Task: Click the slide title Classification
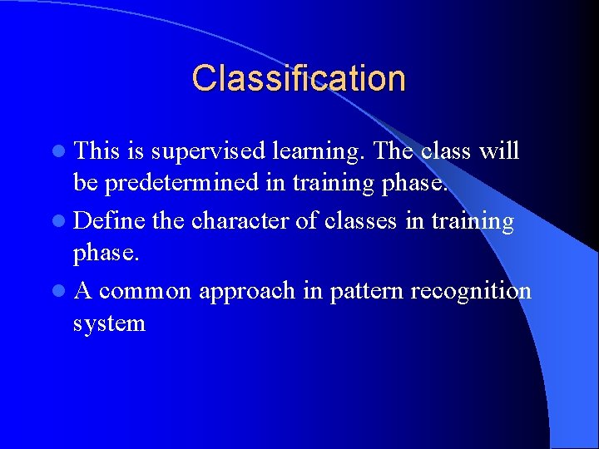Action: pyautogui.click(x=299, y=78)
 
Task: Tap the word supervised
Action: pyautogui.click(x=208, y=151)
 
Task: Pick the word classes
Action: pyautogui.click(x=367, y=221)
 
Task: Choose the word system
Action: pyautogui.click(x=109, y=323)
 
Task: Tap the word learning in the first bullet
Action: pyautogui.click(x=320, y=152)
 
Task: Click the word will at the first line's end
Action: pyautogui.click(x=501, y=151)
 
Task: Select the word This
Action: pyautogui.click(x=97, y=151)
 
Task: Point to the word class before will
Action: pyautogui.click(x=445, y=151)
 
